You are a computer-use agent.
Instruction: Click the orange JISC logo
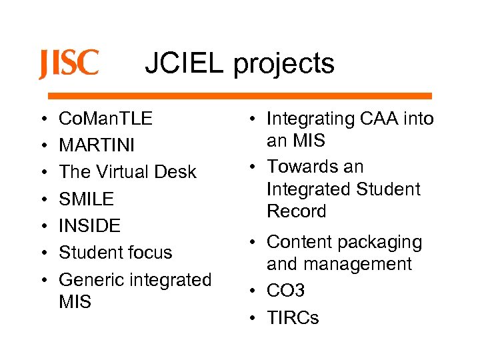tap(69, 64)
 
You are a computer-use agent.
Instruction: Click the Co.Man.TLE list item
tap(105, 119)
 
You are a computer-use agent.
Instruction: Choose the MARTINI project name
tap(97, 145)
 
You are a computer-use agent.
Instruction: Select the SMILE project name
tap(87, 199)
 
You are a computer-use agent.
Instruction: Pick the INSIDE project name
tap(90, 225)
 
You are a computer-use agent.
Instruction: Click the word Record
tap(296, 211)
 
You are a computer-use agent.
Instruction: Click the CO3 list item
tap(285, 291)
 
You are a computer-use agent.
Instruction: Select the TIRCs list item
tap(293, 318)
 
